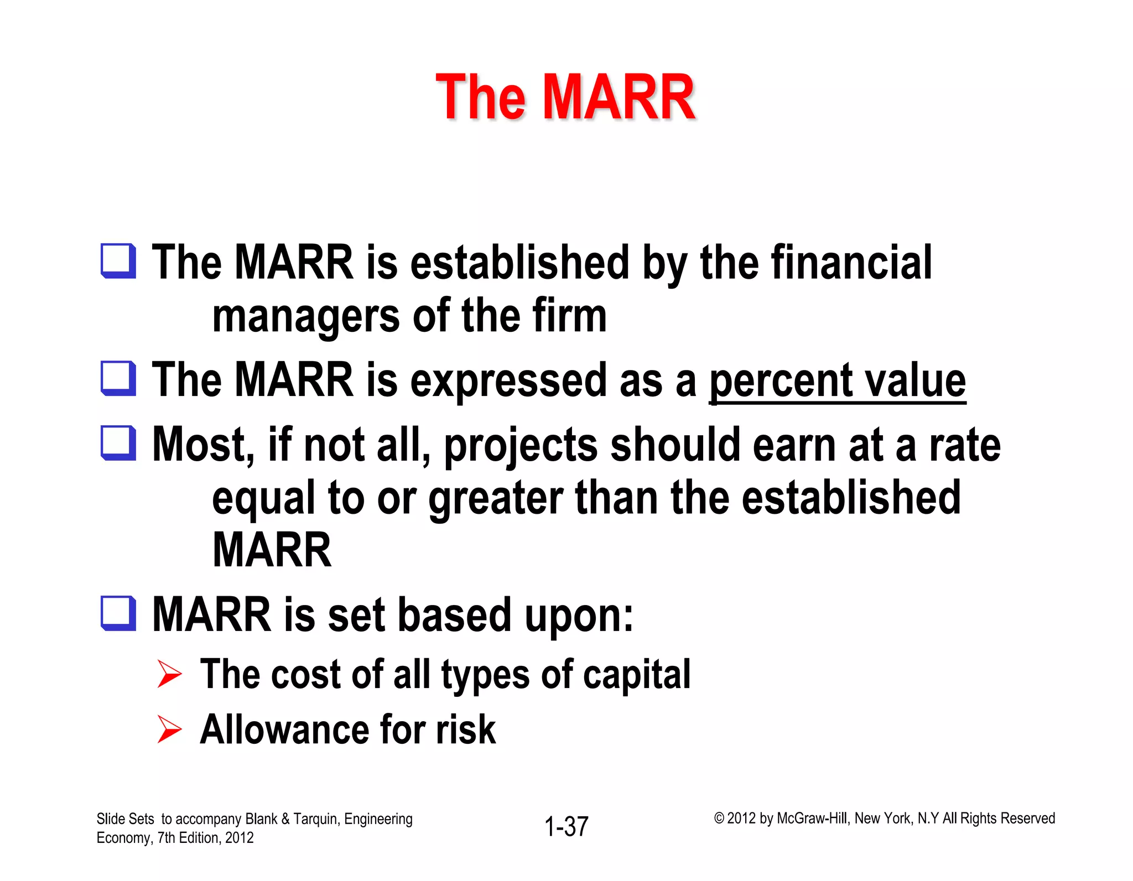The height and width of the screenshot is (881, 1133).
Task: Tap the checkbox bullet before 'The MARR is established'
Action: tap(118, 261)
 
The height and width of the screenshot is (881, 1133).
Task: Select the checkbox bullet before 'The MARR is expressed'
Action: tap(118, 379)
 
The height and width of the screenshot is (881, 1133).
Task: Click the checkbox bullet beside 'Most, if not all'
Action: tap(118, 443)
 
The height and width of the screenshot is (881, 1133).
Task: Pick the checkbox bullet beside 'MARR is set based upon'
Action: tap(118, 613)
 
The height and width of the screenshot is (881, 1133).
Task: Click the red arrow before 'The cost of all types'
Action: tap(169, 674)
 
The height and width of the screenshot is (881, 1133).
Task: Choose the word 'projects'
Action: tap(521, 446)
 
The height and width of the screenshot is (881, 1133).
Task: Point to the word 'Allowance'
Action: tap(282, 729)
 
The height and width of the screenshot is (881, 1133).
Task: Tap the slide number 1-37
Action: tap(566, 827)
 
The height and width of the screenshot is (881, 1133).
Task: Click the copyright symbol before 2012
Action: tap(719, 819)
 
